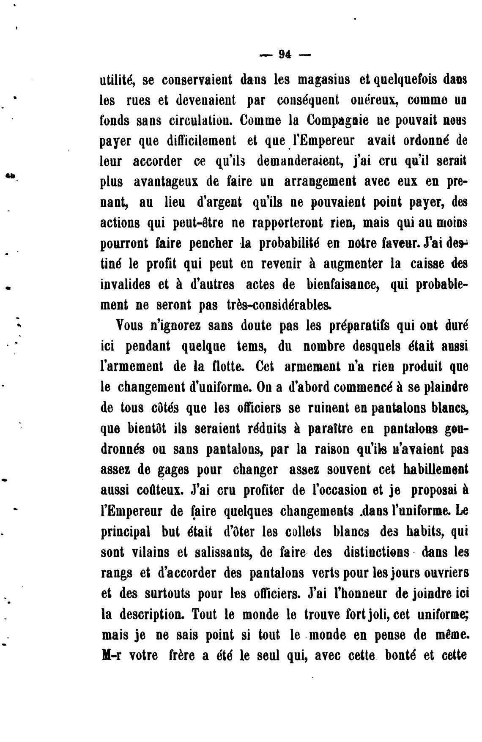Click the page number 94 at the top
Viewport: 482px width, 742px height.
284,54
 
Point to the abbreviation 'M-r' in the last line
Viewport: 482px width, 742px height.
112,655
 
